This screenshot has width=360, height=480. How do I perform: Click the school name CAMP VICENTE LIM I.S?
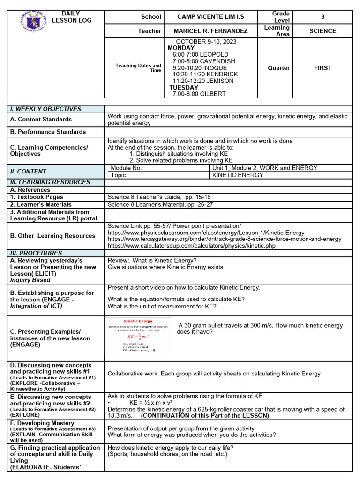210,17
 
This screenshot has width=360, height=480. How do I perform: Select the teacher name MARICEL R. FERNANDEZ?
210,31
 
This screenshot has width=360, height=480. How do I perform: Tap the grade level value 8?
322,17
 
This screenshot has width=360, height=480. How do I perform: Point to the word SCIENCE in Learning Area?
322,31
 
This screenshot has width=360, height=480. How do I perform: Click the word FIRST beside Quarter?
322,68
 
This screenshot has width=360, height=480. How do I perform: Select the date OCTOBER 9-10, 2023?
206,42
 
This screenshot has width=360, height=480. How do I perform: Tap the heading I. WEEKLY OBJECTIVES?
45,109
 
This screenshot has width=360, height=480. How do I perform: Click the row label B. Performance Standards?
48,132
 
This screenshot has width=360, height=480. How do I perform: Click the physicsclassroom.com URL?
206,232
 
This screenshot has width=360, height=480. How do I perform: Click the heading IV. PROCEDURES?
36,253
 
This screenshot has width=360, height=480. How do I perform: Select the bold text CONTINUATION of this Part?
205,416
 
